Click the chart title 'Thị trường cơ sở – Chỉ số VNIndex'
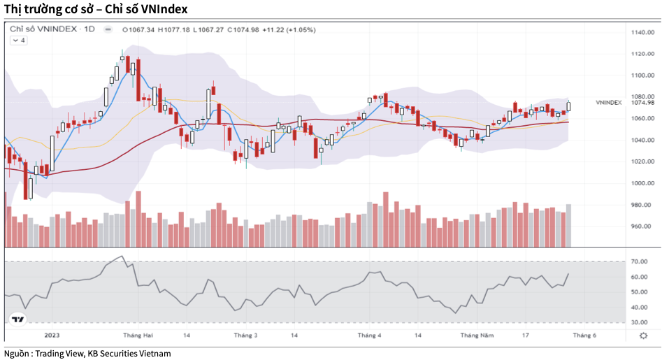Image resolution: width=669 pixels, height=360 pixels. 96,9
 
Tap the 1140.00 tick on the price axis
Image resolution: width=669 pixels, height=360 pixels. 642,32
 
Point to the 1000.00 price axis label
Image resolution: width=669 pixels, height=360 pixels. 642,183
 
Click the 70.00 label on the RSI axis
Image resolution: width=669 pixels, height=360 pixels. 638,261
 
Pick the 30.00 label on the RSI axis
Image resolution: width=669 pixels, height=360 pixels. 638,322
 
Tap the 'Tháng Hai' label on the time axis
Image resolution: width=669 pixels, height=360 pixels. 138,336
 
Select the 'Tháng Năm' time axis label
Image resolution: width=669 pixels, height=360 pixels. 477,336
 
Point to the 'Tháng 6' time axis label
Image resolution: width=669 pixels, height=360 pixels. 584,336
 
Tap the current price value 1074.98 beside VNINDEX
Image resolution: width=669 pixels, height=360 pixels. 642,103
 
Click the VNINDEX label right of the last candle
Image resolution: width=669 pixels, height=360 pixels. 608,103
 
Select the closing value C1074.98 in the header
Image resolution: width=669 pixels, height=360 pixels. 243,29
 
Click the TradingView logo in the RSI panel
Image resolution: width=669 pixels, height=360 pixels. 17,319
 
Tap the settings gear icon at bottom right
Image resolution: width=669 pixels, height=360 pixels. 643,336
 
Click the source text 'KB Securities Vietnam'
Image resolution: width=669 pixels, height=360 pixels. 129,354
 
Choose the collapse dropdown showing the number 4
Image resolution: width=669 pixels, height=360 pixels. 18,41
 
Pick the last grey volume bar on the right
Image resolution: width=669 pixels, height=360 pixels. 569,225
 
